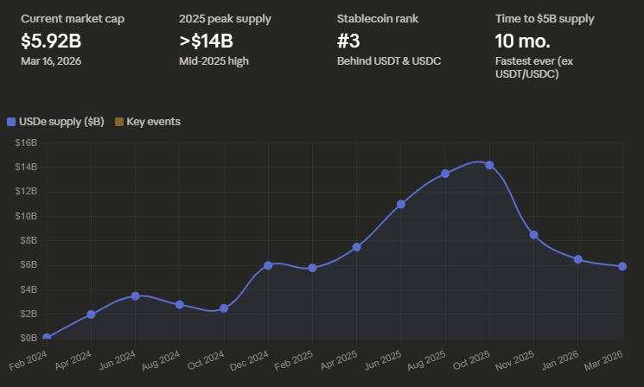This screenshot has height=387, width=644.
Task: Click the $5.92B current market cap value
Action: [x=51, y=40]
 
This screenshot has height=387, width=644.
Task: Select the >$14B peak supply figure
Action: [x=206, y=40]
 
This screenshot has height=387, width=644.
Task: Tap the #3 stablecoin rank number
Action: [x=350, y=40]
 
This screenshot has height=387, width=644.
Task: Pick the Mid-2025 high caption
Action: [x=212, y=60]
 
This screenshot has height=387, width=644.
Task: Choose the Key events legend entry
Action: [x=153, y=122]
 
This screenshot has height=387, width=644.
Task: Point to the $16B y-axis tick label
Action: [x=25, y=143]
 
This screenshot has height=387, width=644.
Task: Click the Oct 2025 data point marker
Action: [x=490, y=165]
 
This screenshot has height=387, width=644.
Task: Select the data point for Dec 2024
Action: [x=268, y=265]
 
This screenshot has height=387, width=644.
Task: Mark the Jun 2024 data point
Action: [x=136, y=295]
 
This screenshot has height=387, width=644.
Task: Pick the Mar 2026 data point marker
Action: [x=622, y=266]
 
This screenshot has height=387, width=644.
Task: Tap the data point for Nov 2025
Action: [x=534, y=235]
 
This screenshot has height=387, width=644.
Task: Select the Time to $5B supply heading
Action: [x=545, y=18]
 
